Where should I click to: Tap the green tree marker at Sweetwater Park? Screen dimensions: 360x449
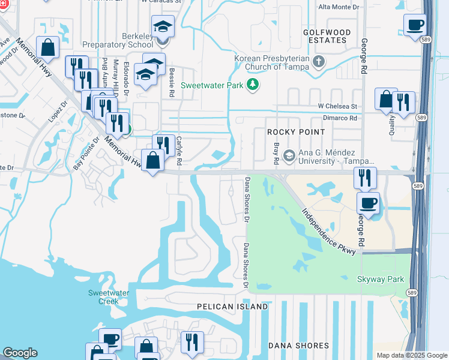(253, 85)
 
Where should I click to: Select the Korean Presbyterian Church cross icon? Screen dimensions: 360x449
(319, 61)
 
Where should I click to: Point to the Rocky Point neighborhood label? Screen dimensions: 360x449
(296, 131)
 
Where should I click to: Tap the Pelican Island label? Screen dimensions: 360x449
(233, 307)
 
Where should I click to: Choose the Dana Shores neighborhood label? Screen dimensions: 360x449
(298, 346)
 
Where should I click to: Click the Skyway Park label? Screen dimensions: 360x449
(381, 280)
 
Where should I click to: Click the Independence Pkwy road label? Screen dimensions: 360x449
(329, 231)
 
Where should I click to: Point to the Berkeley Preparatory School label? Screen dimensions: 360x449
(118, 40)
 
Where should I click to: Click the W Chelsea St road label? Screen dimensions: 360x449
(337, 107)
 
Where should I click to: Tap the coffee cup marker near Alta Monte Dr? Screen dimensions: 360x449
(415, 25)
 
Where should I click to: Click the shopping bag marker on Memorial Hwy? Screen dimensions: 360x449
(154, 160)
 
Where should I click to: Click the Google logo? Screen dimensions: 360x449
(20, 353)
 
